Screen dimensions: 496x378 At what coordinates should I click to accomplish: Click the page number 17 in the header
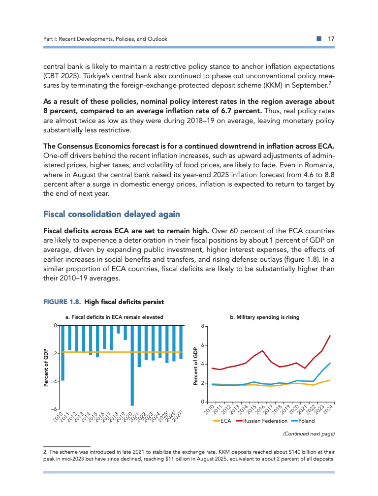[331, 39]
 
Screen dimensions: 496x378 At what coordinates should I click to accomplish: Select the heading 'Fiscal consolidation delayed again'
[112, 214]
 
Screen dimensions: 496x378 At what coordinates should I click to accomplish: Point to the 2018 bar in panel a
[118, 329]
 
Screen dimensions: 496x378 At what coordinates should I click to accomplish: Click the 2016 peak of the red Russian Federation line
[263, 351]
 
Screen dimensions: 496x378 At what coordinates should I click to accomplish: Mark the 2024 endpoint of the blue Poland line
[329, 363]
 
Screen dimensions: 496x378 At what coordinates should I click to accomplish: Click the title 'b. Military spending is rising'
[265, 317]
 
